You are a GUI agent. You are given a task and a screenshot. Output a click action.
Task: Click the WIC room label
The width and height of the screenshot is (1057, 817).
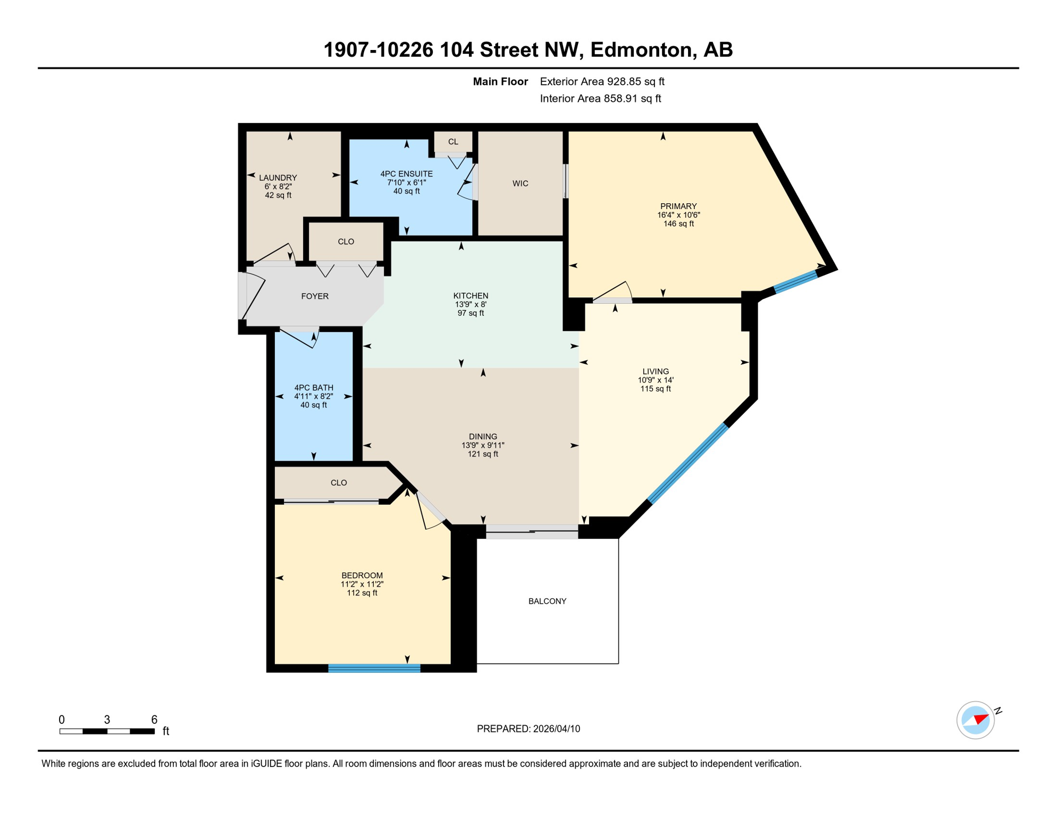coord(520,184)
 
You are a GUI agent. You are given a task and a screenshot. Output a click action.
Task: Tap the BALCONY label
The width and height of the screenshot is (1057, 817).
coord(547,601)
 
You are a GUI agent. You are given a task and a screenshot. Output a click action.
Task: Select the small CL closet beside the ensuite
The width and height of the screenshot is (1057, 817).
coord(453,141)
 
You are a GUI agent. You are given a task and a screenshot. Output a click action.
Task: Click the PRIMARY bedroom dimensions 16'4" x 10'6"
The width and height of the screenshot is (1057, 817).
coord(678,215)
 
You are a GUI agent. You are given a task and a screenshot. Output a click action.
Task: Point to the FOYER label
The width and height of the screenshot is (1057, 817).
coord(315,296)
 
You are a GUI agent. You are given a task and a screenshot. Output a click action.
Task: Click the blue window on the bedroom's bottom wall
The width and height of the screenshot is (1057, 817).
coord(374,668)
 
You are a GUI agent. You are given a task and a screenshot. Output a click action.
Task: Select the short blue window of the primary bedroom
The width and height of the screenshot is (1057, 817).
coord(795,281)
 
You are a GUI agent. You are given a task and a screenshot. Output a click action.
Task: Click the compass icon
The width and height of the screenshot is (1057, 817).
coord(975,720)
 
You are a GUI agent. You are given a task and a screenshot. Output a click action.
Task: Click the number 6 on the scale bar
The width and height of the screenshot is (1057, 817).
coord(154,720)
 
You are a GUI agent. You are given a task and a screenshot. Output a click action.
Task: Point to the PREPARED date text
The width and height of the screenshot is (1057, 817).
coord(528,729)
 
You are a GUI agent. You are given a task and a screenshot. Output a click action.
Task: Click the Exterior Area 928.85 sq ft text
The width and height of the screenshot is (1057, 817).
coord(602,81)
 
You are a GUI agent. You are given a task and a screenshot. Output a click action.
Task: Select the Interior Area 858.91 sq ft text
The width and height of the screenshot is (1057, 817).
coord(600,98)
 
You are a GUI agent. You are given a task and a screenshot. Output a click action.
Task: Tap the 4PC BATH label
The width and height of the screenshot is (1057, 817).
coord(314,388)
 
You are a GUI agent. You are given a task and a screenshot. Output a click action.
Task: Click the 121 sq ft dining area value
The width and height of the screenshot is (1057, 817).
coord(483,454)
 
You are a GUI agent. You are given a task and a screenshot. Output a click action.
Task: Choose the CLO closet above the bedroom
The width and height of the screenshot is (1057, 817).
coord(339,483)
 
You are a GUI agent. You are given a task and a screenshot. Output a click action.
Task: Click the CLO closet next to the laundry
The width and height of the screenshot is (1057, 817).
coord(346,241)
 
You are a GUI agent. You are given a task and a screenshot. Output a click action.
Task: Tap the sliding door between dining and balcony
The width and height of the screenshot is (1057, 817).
coord(532,531)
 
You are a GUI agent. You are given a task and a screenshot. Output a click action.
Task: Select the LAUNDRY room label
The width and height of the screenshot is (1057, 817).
coord(278,178)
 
